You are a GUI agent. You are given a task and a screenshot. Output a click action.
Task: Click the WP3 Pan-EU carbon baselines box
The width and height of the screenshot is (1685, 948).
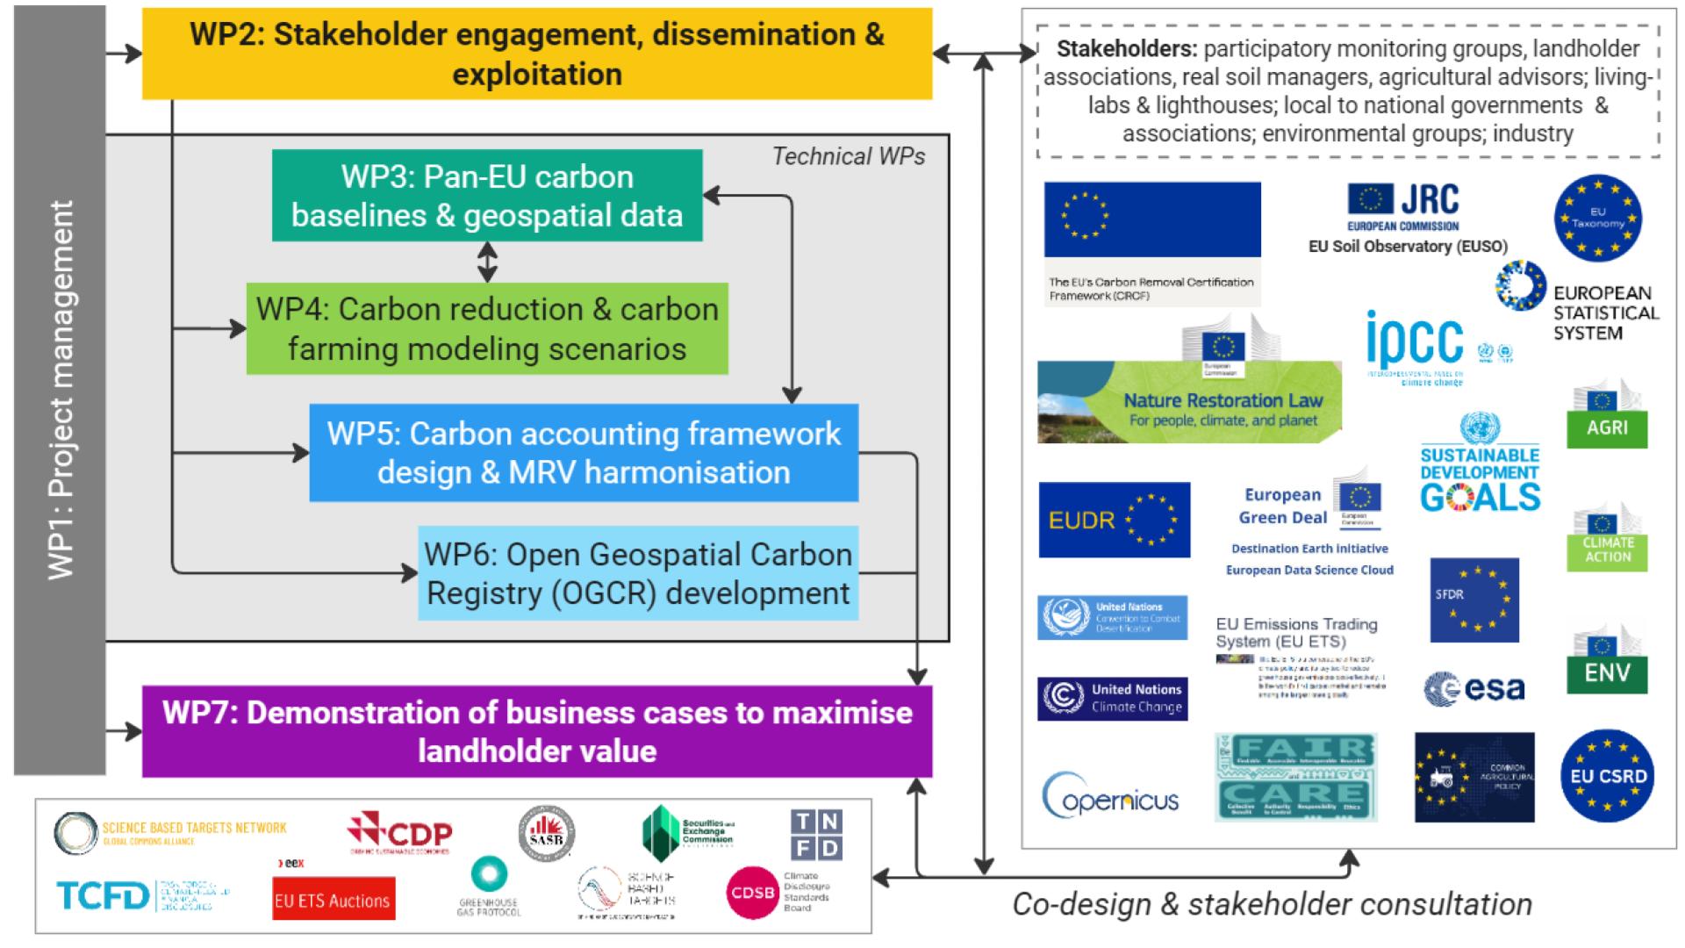[x=487, y=196]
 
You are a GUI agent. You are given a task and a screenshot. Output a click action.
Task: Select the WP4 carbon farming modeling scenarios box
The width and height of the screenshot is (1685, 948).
[x=487, y=328]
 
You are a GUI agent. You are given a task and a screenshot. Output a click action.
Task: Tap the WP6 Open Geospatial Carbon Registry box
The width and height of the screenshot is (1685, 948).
[x=638, y=573]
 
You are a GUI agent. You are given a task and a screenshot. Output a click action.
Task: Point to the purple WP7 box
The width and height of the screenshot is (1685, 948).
[x=537, y=731]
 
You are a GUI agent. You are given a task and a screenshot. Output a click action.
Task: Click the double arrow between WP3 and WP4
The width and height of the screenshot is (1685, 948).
[x=487, y=262]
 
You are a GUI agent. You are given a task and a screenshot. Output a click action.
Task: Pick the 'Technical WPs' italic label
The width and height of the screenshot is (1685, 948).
[x=848, y=156]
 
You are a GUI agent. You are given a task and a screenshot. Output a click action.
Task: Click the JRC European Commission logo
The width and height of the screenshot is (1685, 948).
[x=1403, y=207]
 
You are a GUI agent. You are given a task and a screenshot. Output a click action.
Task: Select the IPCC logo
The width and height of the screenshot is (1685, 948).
[x=1416, y=343]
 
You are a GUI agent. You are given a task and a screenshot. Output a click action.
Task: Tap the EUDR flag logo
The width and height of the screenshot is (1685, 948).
[x=1115, y=520]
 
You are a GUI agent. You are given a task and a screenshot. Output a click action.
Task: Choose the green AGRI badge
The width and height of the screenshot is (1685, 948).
[x=1607, y=420]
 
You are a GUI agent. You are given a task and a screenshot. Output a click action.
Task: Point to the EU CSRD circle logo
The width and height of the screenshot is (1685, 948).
[x=1608, y=776]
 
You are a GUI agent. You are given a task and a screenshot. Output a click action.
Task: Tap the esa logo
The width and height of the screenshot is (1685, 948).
[x=1474, y=689]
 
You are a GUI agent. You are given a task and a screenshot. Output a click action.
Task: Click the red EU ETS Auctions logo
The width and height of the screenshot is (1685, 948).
[x=333, y=900]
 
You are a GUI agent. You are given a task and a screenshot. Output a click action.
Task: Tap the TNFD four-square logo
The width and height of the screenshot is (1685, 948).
[x=816, y=835]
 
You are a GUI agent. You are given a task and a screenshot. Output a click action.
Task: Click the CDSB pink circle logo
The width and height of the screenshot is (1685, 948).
[x=753, y=894]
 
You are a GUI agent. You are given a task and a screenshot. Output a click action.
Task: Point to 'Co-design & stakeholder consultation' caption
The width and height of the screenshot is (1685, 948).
[x=1272, y=904]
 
